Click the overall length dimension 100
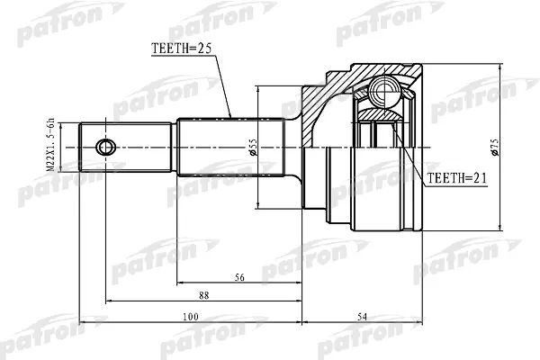click(x=191, y=315)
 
